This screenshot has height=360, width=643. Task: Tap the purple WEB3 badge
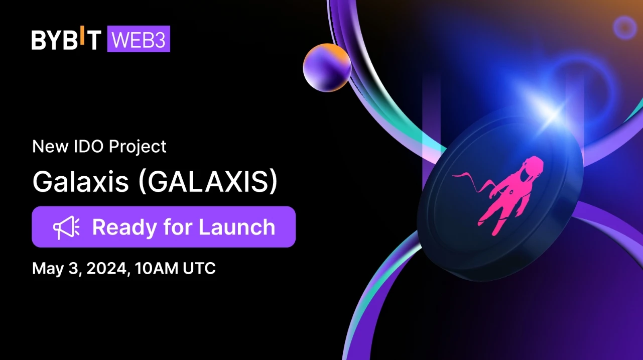point(139,40)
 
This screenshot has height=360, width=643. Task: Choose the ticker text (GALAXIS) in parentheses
point(207,183)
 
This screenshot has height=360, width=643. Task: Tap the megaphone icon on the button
point(66,227)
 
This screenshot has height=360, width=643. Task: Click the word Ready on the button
point(124,227)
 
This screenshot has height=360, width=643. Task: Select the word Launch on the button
point(237,227)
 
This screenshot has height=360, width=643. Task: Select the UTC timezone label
point(199,268)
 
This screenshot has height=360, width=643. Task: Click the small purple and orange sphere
point(327,67)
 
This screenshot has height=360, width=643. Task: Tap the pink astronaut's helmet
point(532,168)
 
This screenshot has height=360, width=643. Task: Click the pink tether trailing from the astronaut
point(469,179)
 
